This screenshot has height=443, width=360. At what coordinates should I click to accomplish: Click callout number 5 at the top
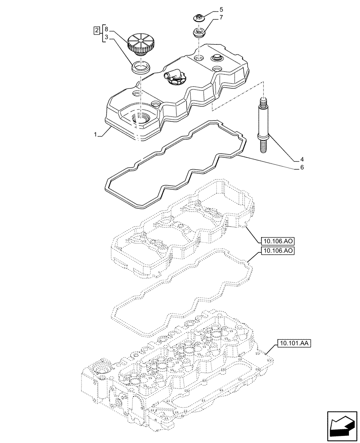[222, 9]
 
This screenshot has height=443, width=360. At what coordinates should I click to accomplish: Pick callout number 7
[222, 18]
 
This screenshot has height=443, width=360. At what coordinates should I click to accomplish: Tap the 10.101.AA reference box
[294, 343]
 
